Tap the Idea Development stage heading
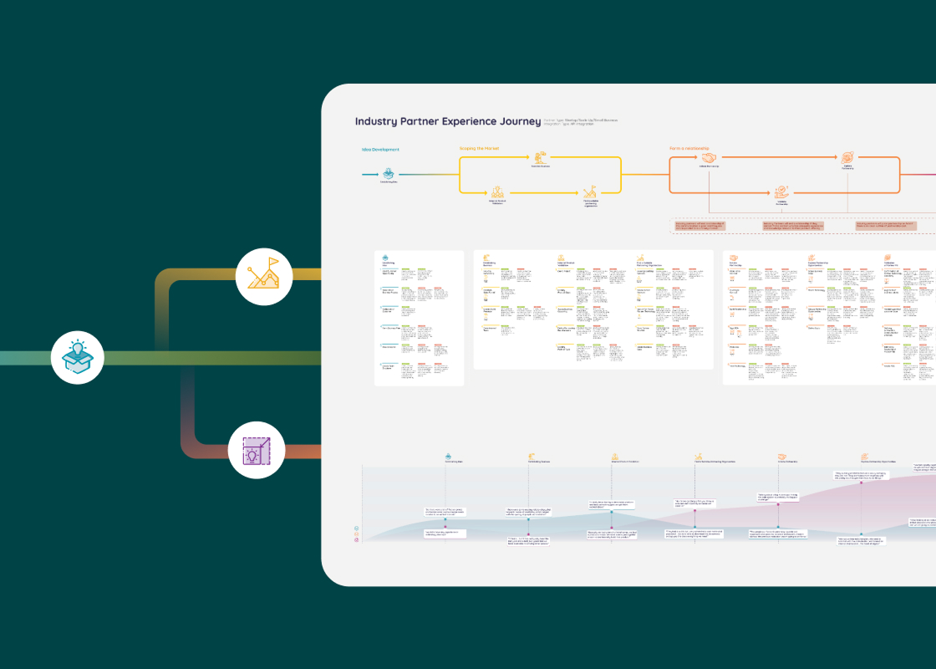379,150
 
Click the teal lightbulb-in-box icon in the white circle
77,357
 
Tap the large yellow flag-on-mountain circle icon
263,274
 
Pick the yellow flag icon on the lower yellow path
590,192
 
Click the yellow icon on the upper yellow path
541,157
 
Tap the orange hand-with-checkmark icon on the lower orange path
781,192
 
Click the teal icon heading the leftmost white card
385,258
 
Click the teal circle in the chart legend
357,529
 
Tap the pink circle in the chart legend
357,539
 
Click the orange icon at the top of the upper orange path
847,156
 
